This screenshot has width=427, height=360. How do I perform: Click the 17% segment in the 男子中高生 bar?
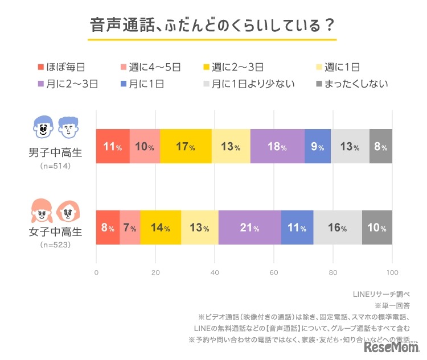186,147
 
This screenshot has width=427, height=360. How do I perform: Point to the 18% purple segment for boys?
277,147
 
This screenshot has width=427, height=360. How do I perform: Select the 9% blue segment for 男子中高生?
318,147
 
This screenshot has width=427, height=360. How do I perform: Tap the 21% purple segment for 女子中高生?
249,227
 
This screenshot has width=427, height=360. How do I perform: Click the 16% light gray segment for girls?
337,227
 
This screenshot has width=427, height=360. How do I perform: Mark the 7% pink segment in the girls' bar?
130,227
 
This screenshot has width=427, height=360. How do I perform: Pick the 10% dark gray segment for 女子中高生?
377,227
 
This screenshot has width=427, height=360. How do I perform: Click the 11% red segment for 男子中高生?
113,147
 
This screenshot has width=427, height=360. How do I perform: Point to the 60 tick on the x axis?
274,272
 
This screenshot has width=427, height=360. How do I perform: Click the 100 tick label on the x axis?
392,272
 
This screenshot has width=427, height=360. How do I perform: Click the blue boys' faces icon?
55,127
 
